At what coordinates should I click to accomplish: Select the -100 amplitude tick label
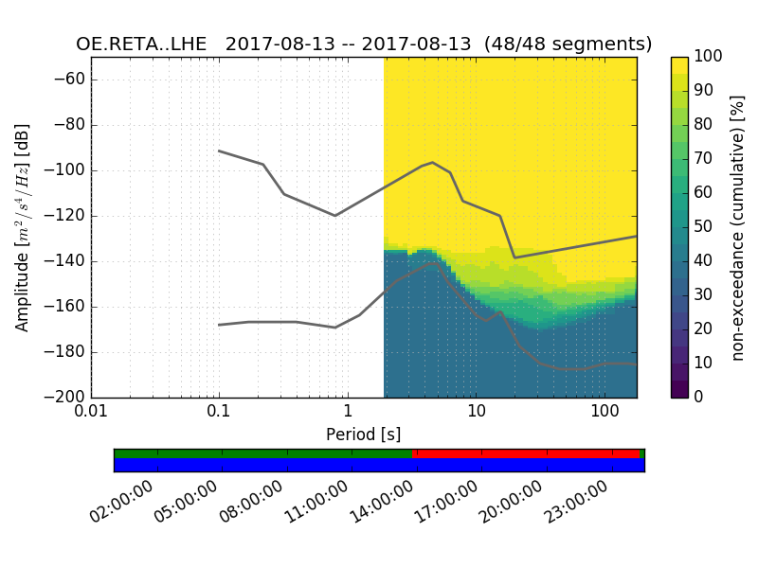coord(65,170)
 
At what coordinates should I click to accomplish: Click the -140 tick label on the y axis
coord(65,261)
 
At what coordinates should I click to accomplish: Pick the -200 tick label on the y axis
coord(65,398)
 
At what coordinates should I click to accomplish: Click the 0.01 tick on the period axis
coord(91,414)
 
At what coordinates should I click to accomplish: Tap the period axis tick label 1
coord(348,414)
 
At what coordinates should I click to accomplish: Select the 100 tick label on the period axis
coord(604,414)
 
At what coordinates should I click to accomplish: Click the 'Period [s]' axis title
coord(364,435)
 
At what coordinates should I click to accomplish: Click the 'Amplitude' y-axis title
coord(23,227)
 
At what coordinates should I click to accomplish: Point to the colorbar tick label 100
coord(709,57)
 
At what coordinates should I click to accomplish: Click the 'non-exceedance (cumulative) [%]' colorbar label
coord(738,227)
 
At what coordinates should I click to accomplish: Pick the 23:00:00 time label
coord(578,502)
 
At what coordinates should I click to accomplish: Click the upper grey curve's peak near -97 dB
coord(432,162)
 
